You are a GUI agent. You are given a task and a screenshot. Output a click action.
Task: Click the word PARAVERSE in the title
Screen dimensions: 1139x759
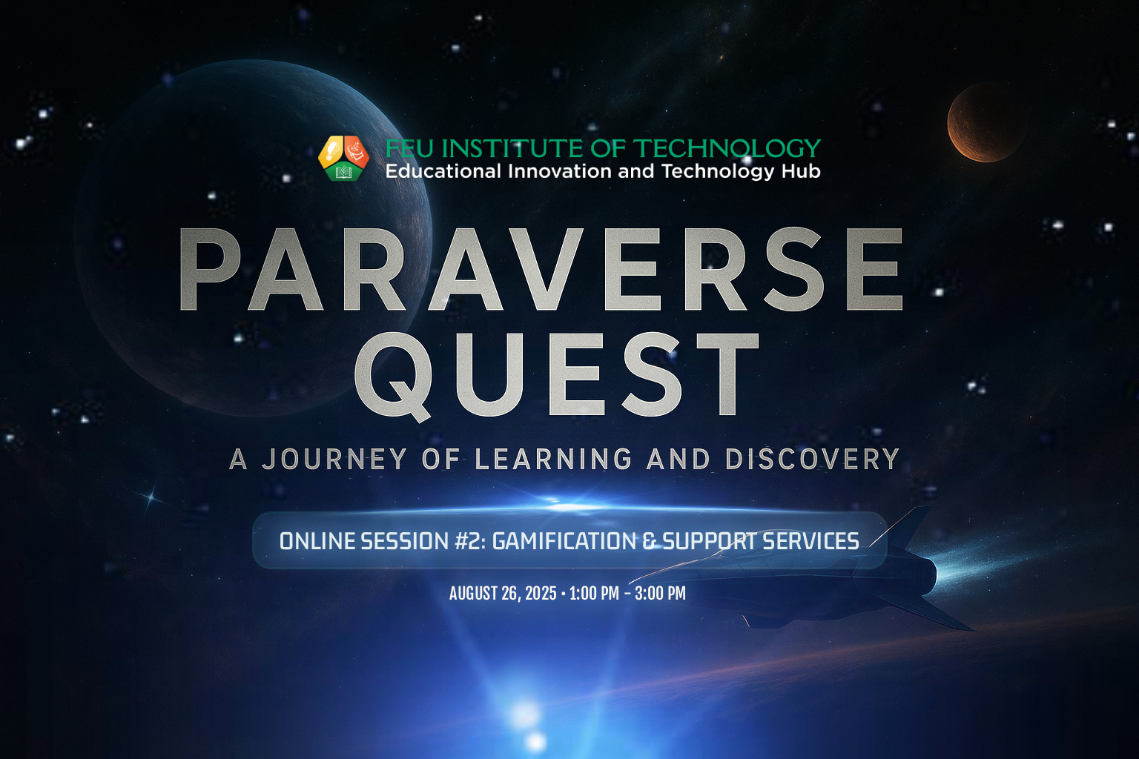tap(541, 269)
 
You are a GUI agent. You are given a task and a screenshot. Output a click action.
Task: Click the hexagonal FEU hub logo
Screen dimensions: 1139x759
tap(343, 158)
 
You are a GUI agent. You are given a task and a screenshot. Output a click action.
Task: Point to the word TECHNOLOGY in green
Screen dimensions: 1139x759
tap(728, 148)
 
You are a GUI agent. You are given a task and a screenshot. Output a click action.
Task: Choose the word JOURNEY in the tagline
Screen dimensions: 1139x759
tap(334, 459)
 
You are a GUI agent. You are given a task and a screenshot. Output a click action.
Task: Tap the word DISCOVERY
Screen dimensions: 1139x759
tap(813, 459)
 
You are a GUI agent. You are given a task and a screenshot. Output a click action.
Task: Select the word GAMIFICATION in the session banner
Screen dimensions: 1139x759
tap(564, 541)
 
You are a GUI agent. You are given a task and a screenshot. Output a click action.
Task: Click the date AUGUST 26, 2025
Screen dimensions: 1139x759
tap(503, 593)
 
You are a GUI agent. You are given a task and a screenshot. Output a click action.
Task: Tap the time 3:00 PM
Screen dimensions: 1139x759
tap(660, 593)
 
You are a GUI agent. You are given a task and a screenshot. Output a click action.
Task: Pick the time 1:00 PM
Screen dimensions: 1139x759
tap(594, 593)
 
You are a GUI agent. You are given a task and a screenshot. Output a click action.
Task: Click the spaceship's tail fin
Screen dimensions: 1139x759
tap(905, 528)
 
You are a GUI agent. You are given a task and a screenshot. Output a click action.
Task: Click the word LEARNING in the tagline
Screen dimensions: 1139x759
tap(553, 459)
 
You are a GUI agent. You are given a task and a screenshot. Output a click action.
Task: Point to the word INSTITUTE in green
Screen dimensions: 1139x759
tap(514, 148)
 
